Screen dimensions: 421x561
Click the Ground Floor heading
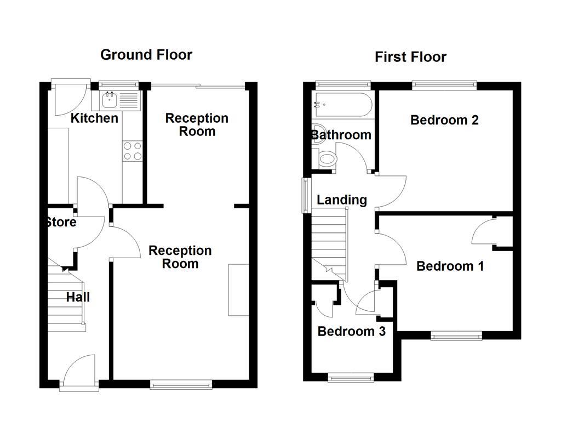click(x=146, y=55)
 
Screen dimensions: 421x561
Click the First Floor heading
click(x=410, y=57)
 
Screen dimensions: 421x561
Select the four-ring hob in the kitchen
click(x=132, y=151)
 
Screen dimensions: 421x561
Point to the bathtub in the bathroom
click(x=342, y=105)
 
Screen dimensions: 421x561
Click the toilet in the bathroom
click(x=326, y=160)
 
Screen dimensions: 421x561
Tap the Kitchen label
click(x=94, y=118)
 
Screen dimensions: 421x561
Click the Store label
click(x=60, y=223)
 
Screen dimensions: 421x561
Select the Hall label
click(x=78, y=298)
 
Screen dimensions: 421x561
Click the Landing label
click(x=342, y=200)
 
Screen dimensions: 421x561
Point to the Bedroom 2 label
click(x=444, y=120)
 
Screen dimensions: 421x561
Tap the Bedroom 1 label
click(x=450, y=266)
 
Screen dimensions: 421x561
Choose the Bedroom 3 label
click(x=351, y=332)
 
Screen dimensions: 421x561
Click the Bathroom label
click(x=341, y=135)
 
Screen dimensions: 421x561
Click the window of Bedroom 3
click(x=351, y=377)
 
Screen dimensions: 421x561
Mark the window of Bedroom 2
click(x=444, y=85)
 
